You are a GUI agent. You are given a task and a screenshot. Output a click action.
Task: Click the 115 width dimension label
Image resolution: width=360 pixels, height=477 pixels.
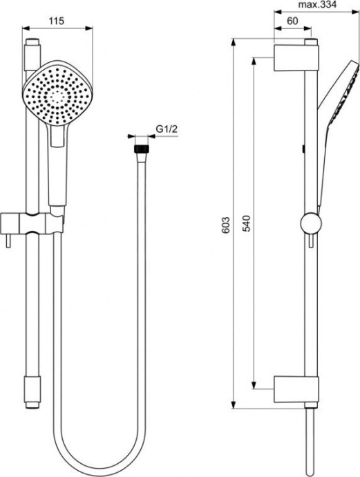coord(57,21)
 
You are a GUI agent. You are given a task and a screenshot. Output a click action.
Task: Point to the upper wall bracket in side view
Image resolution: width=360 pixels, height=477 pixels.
coord(296,57)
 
